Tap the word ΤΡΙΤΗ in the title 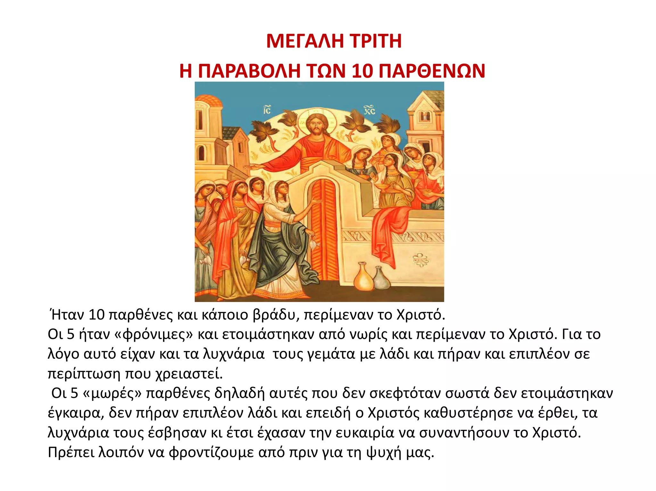click(x=375, y=41)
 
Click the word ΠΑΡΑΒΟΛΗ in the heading click(x=249, y=71)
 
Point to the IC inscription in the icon click(x=266, y=110)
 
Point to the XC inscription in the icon click(x=369, y=110)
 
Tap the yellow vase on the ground click(x=364, y=277)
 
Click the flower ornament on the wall click(x=420, y=260)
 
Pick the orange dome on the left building click(x=209, y=100)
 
